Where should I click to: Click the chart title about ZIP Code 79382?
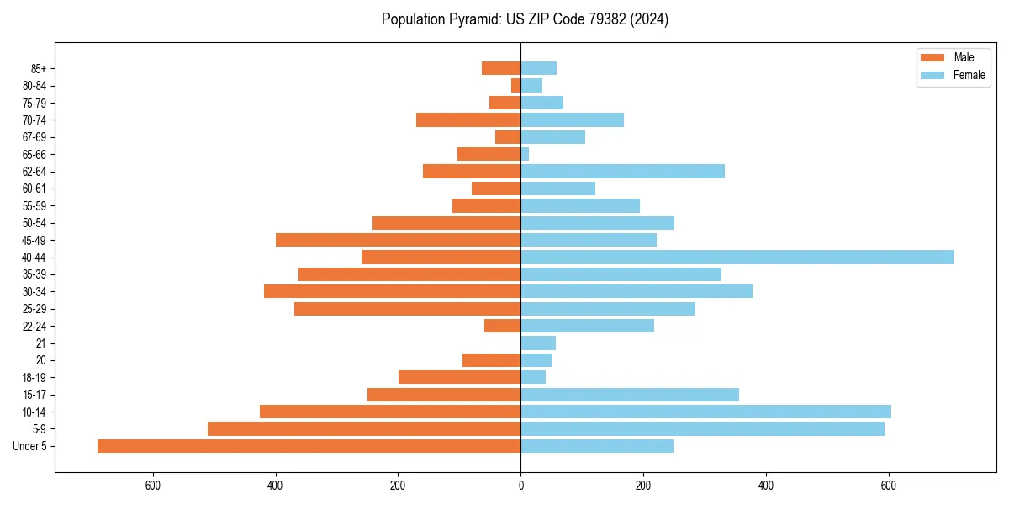(x=525, y=19)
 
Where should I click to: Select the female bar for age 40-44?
(x=737, y=258)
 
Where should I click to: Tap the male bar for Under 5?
(x=309, y=446)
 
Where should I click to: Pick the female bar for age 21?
(x=538, y=343)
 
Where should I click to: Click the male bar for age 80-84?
(x=515, y=86)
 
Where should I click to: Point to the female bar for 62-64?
(x=622, y=172)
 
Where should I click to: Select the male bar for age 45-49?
(x=398, y=240)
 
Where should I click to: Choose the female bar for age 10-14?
(x=705, y=412)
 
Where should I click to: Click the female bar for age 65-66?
(x=525, y=154)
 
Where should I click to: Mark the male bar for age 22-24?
(x=502, y=326)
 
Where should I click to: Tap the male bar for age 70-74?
(x=468, y=120)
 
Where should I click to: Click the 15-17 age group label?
(x=34, y=395)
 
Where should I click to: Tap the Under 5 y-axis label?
(x=29, y=446)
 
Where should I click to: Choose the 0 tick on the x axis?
(x=520, y=486)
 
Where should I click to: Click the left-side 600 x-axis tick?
(x=152, y=486)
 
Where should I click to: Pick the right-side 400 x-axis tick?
(x=766, y=486)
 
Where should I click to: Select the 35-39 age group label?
(x=34, y=274)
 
